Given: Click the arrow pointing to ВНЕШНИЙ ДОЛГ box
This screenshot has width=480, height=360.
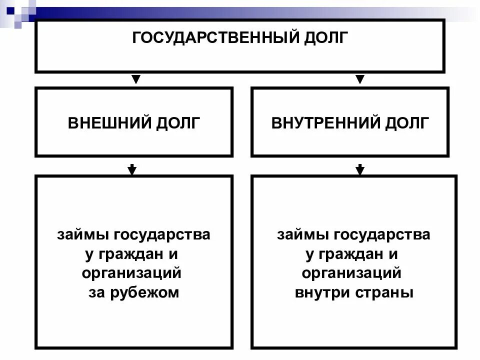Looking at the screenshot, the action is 135,79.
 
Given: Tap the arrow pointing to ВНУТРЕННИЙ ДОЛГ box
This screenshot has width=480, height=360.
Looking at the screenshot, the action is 359,79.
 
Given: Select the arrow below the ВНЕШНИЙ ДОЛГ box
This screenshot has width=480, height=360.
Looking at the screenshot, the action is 132,169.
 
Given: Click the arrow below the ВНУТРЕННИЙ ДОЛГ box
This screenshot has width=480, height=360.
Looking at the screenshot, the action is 359,169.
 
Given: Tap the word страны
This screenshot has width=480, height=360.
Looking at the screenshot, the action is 390,293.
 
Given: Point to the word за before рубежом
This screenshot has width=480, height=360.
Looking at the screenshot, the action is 94,293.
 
